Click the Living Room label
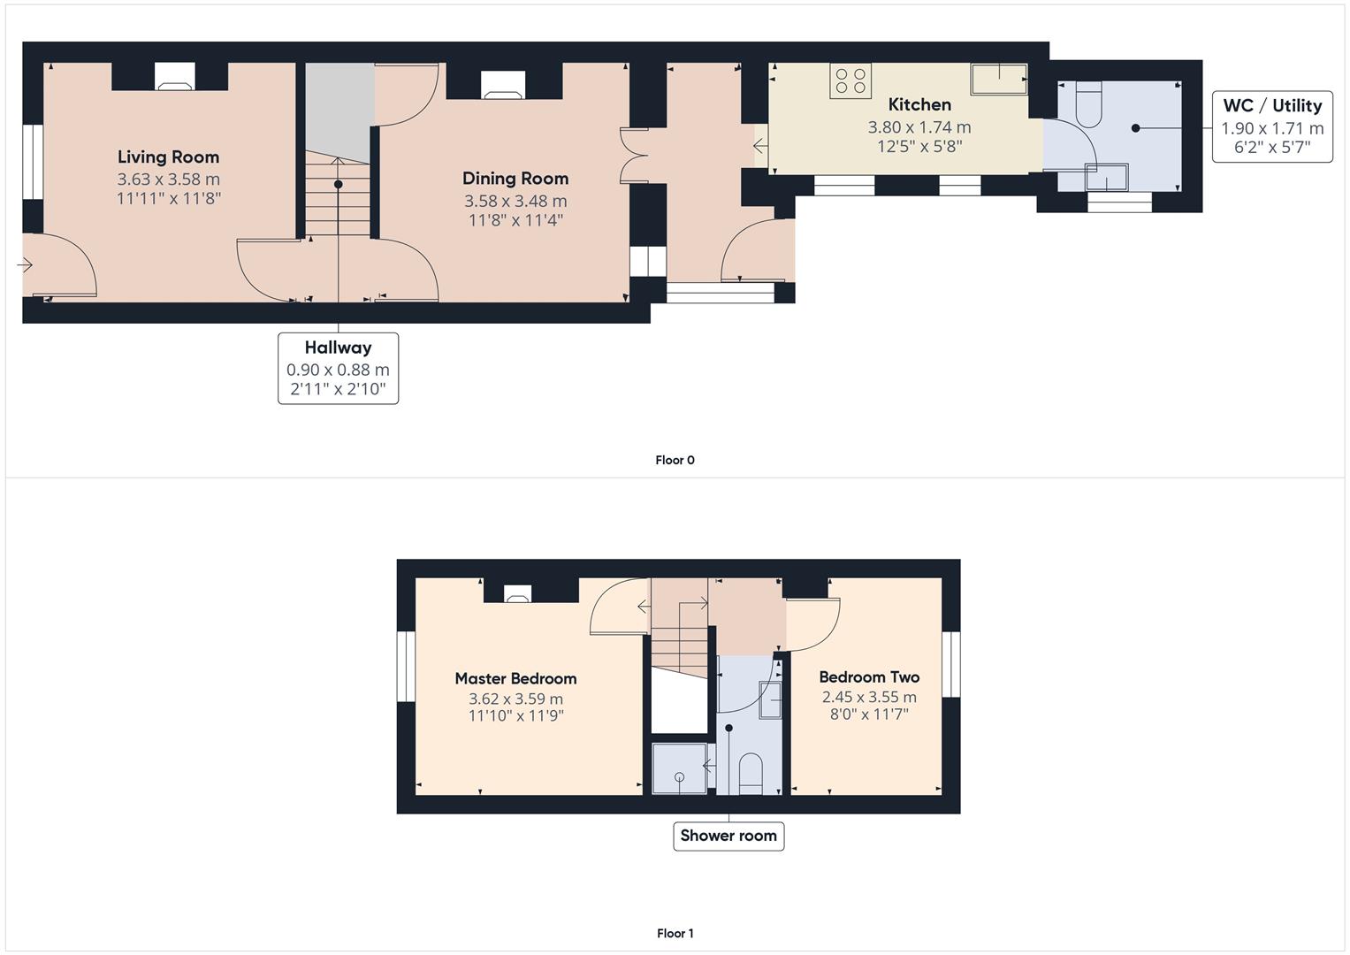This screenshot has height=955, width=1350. pyautogui.click(x=168, y=157)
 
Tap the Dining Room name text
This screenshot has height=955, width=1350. pyautogui.click(x=515, y=179)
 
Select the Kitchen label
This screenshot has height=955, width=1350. pyautogui.click(x=919, y=104)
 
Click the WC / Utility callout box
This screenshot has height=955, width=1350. pyautogui.click(x=1272, y=127)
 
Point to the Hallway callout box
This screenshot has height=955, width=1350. pyautogui.click(x=338, y=368)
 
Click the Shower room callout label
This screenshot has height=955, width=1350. pyautogui.click(x=728, y=836)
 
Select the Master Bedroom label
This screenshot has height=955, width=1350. pyautogui.click(x=515, y=678)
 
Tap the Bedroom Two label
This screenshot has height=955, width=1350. pyautogui.click(x=869, y=677)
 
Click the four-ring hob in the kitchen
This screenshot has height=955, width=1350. pyautogui.click(x=850, y=80)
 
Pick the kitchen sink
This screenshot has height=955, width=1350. pyautogui.click(x=999, y=79)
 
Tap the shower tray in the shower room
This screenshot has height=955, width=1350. pyautogui.click(x=679, y=768)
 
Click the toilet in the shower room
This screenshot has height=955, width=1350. pyautogui.click(x=750, y=771)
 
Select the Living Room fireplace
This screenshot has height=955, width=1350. pyautogui.click(x=170, y=77)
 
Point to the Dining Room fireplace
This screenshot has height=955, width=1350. pyautogui.click(x=503, y=84)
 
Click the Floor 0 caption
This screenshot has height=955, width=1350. pyautogui.click(x=675, y=460)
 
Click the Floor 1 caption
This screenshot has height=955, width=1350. pyautogui.click(x=675, y=933)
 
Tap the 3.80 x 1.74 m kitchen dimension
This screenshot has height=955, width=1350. pyautogui.click(x=919, y=127)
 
